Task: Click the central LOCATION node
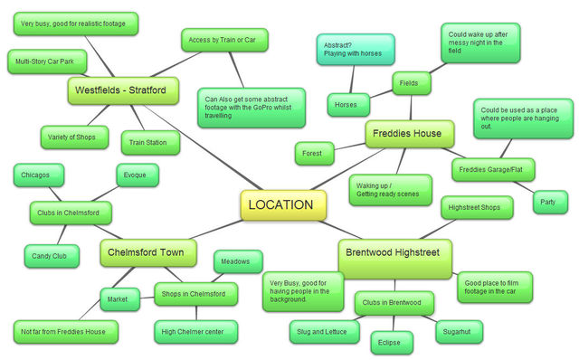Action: (x=280, y=205)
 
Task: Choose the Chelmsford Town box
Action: (x=147, y=251)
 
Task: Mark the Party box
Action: (x=548, y=201)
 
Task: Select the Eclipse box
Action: (x=391, y=343)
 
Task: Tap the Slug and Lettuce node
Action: (x=321, y=332)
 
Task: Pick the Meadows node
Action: (x=238, y=261)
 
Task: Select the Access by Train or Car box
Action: (x=225, y=41)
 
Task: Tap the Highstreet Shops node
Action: (x=477, y=207)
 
